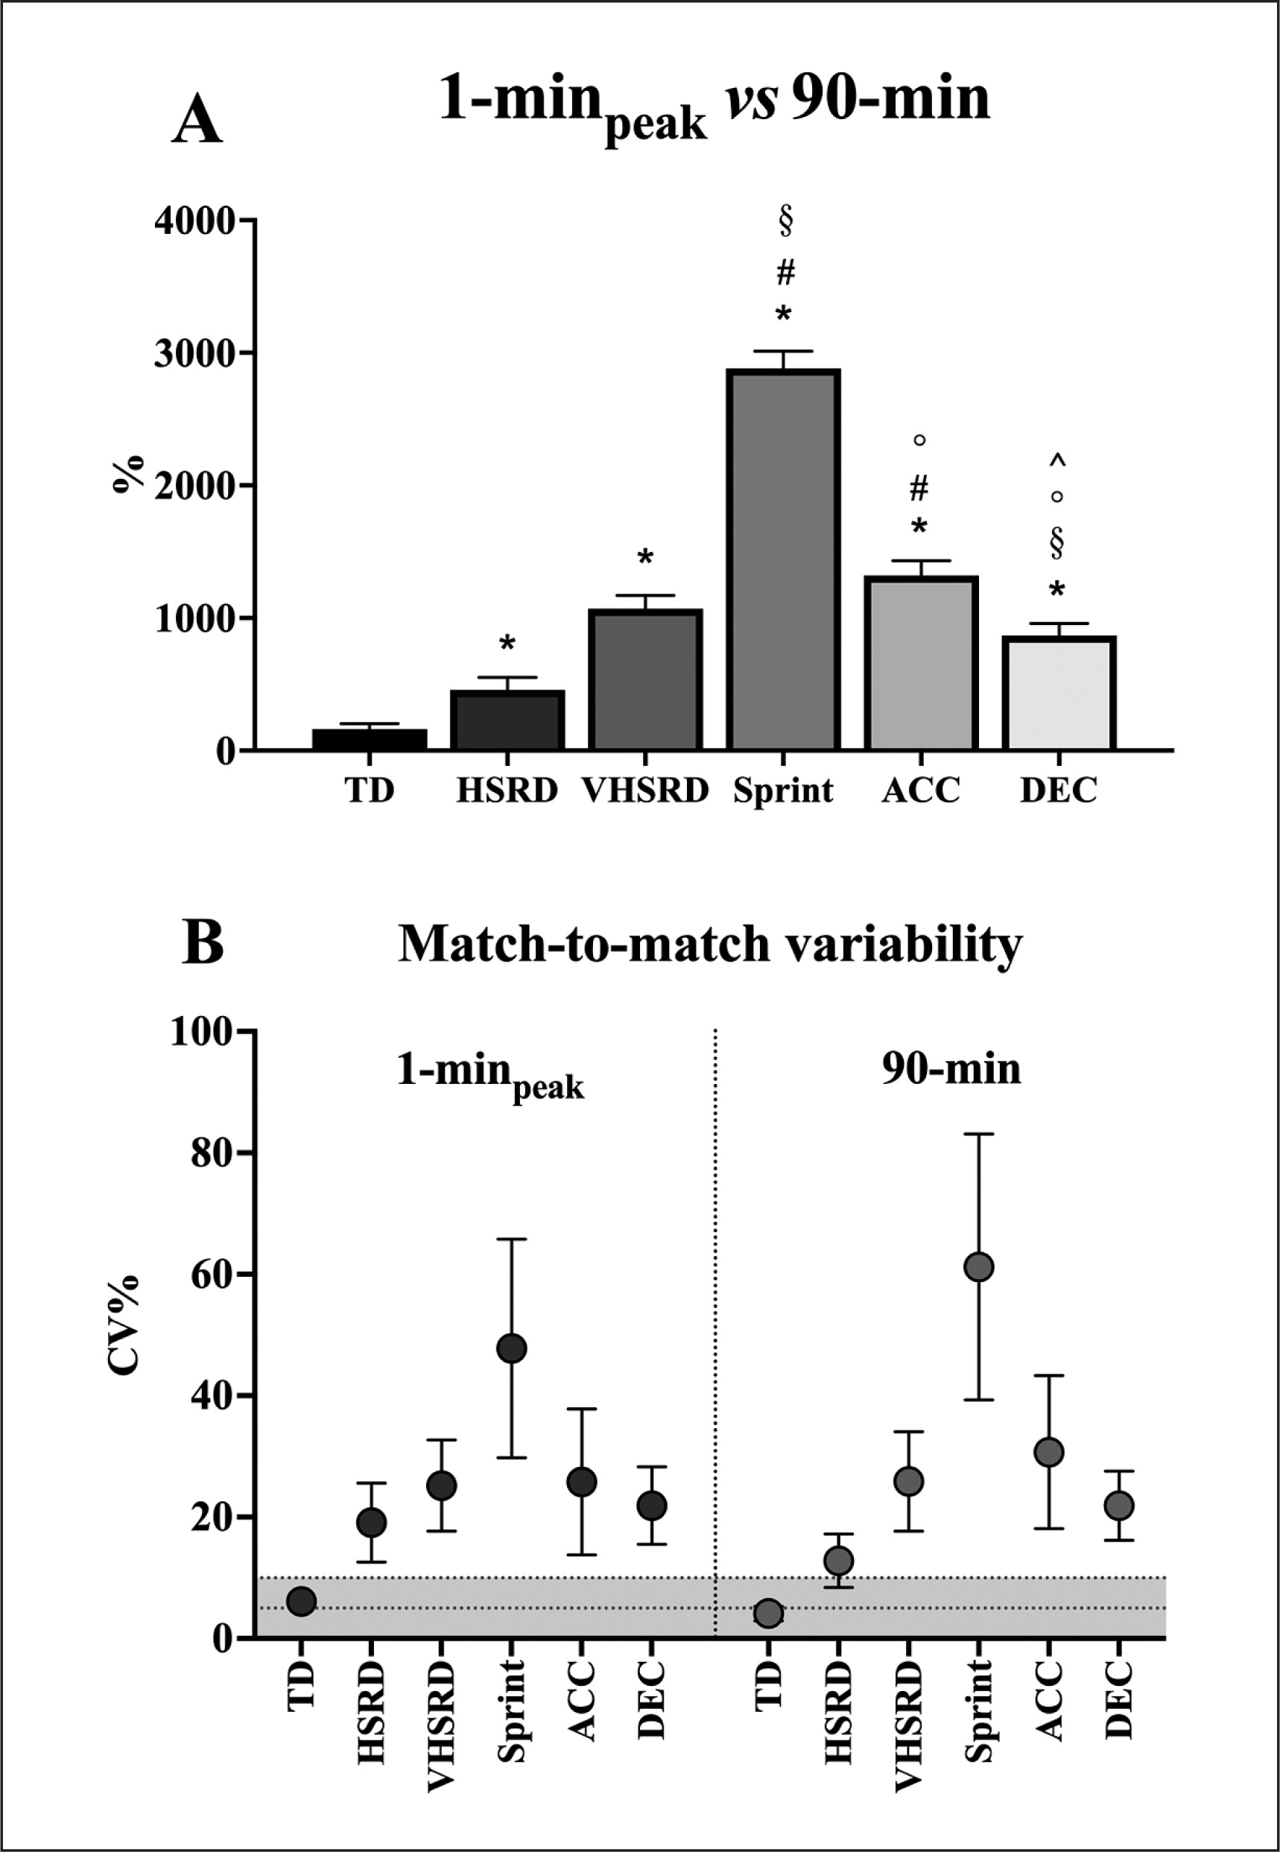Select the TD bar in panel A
[x=369, y=739]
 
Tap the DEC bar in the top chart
[x=1059, y=694]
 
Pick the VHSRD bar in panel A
[x=644, y=680]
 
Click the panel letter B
[x=203, y=944]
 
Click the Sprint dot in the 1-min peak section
[x=512, y=1348]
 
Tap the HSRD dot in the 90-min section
[x=838, y=1560]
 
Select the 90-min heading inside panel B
[x=951, y=1070]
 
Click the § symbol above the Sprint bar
[x=785, y=221]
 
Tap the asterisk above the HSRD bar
[x=507, y=644]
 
